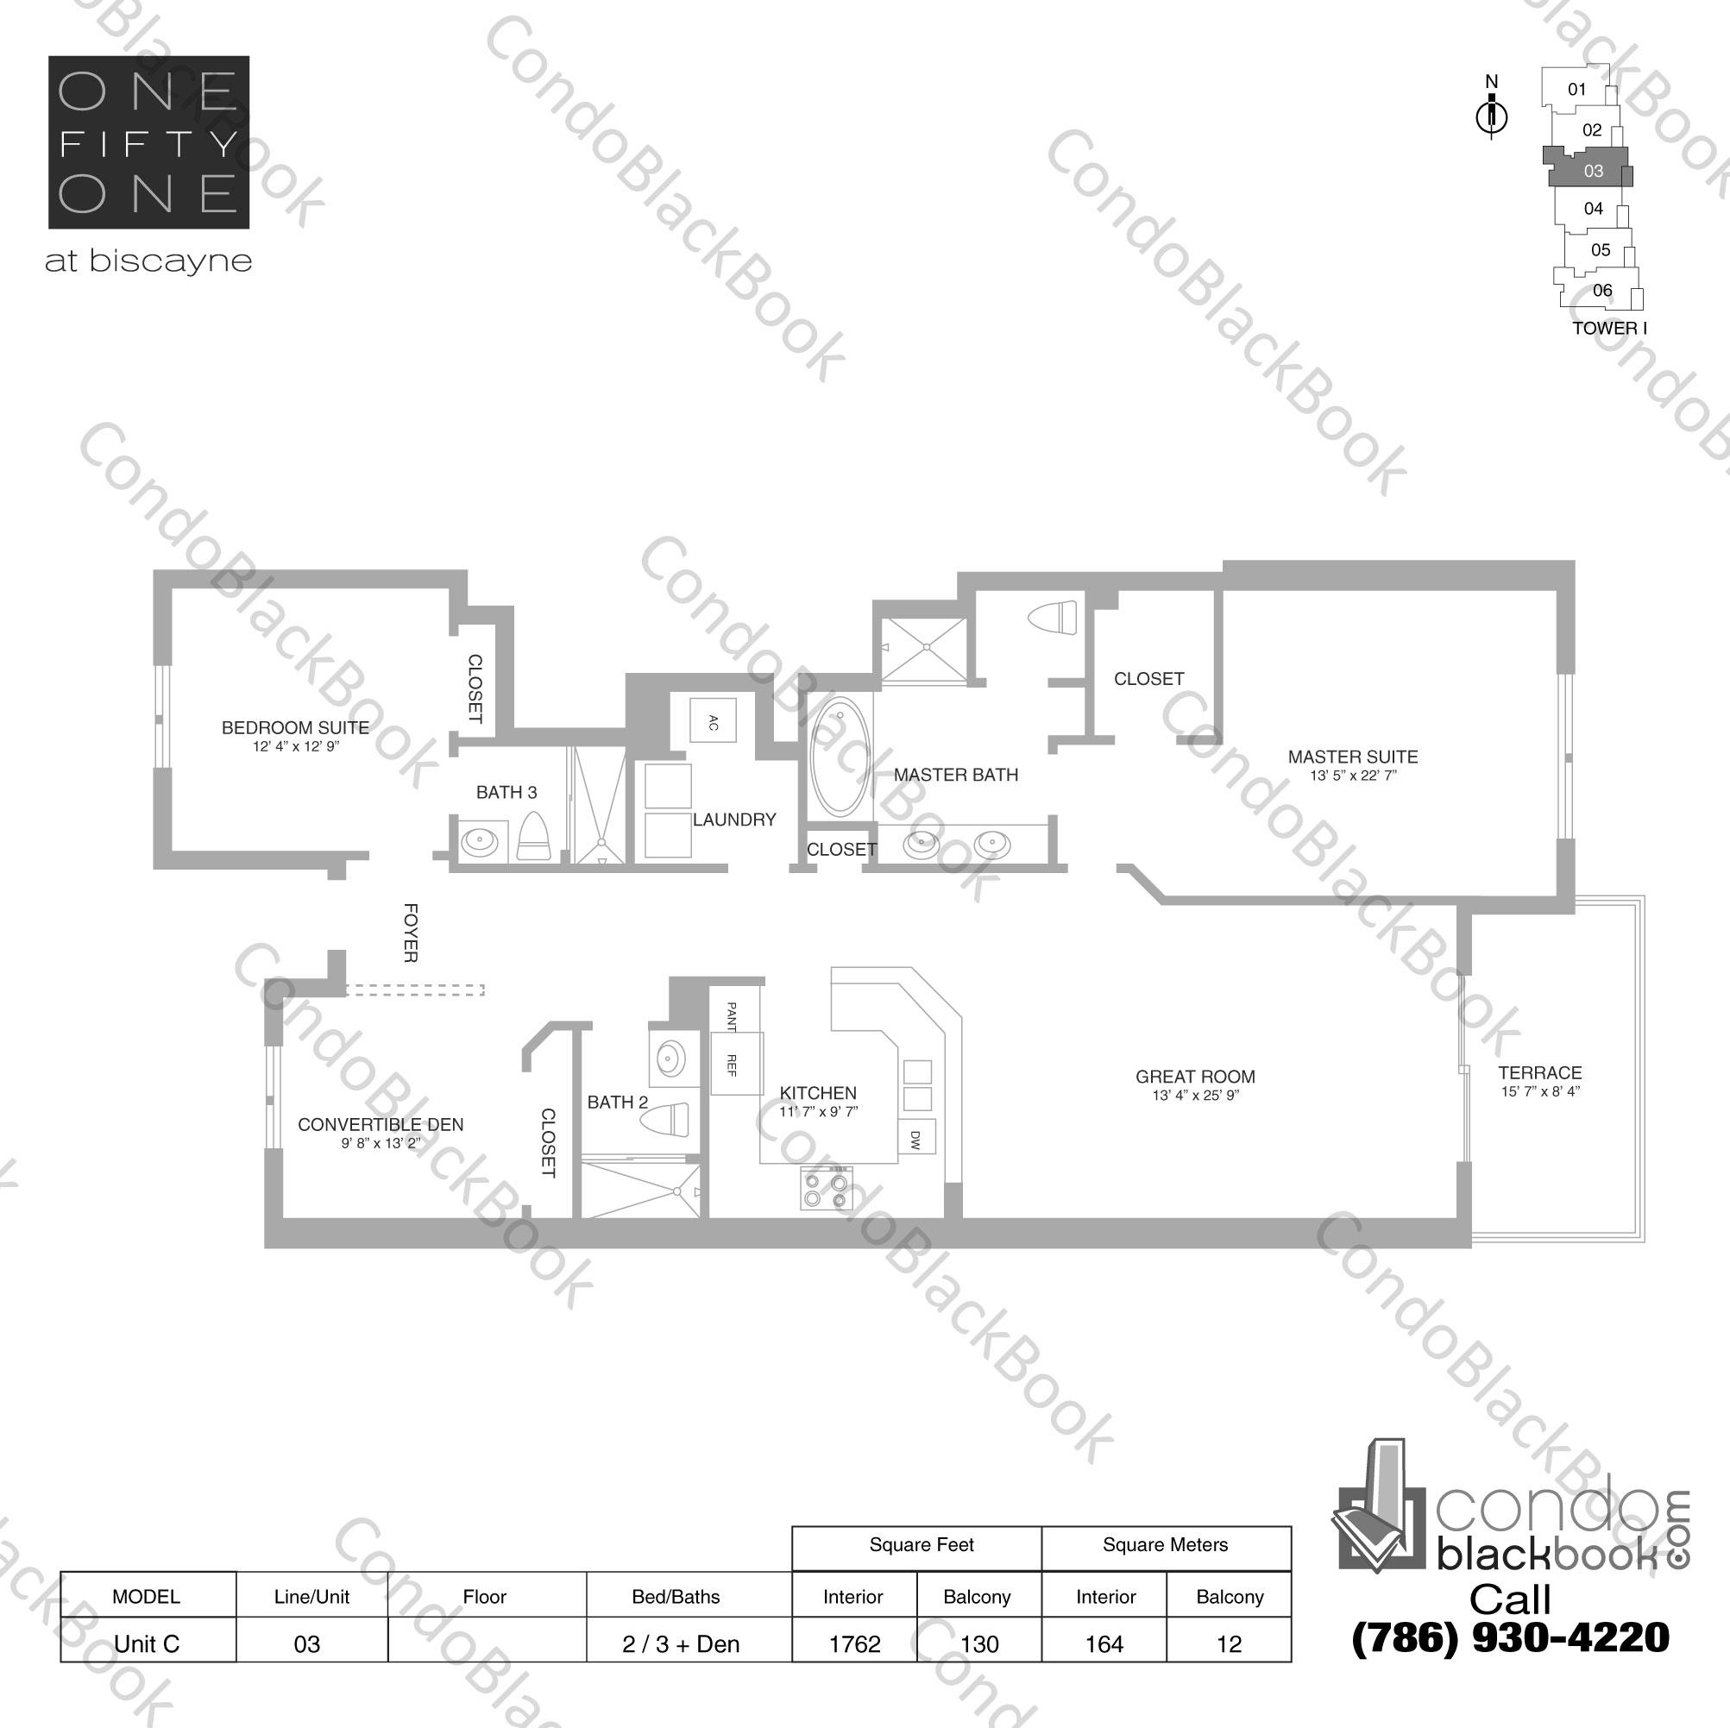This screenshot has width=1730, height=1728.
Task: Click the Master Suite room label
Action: (x=1352, y=757)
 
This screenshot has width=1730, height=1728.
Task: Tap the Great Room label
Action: (x=1194, y=1078)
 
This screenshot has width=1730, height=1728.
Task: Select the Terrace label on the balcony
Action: (x=1539, y=1072)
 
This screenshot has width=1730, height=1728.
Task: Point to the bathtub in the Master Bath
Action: (x=839, y=757)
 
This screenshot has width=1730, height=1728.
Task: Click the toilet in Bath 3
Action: (x=534, y=836)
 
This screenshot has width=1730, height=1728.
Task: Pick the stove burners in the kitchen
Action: (x=826, y=1189)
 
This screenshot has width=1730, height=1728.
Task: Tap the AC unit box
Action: (x=713, y=720)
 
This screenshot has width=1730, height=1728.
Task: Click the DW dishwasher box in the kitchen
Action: (x=916, y=1139)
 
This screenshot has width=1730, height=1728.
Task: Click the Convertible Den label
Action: (x=381, y=1125)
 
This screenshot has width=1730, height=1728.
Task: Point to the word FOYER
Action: (x=410, y=933)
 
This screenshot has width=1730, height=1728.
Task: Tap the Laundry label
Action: (x=733, y=820)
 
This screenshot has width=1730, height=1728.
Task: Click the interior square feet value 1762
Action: (x=854, y=1643)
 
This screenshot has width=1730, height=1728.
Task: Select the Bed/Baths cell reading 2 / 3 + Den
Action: (x=681, y=1643)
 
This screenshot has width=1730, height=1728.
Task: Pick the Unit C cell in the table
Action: (x=147, y=1643)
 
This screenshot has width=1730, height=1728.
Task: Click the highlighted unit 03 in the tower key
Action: (x=1592, y=170)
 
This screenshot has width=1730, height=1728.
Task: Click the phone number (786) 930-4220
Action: (x=1510, y=1637)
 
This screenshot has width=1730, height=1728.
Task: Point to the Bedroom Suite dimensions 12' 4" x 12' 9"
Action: (x=295, y=747)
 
